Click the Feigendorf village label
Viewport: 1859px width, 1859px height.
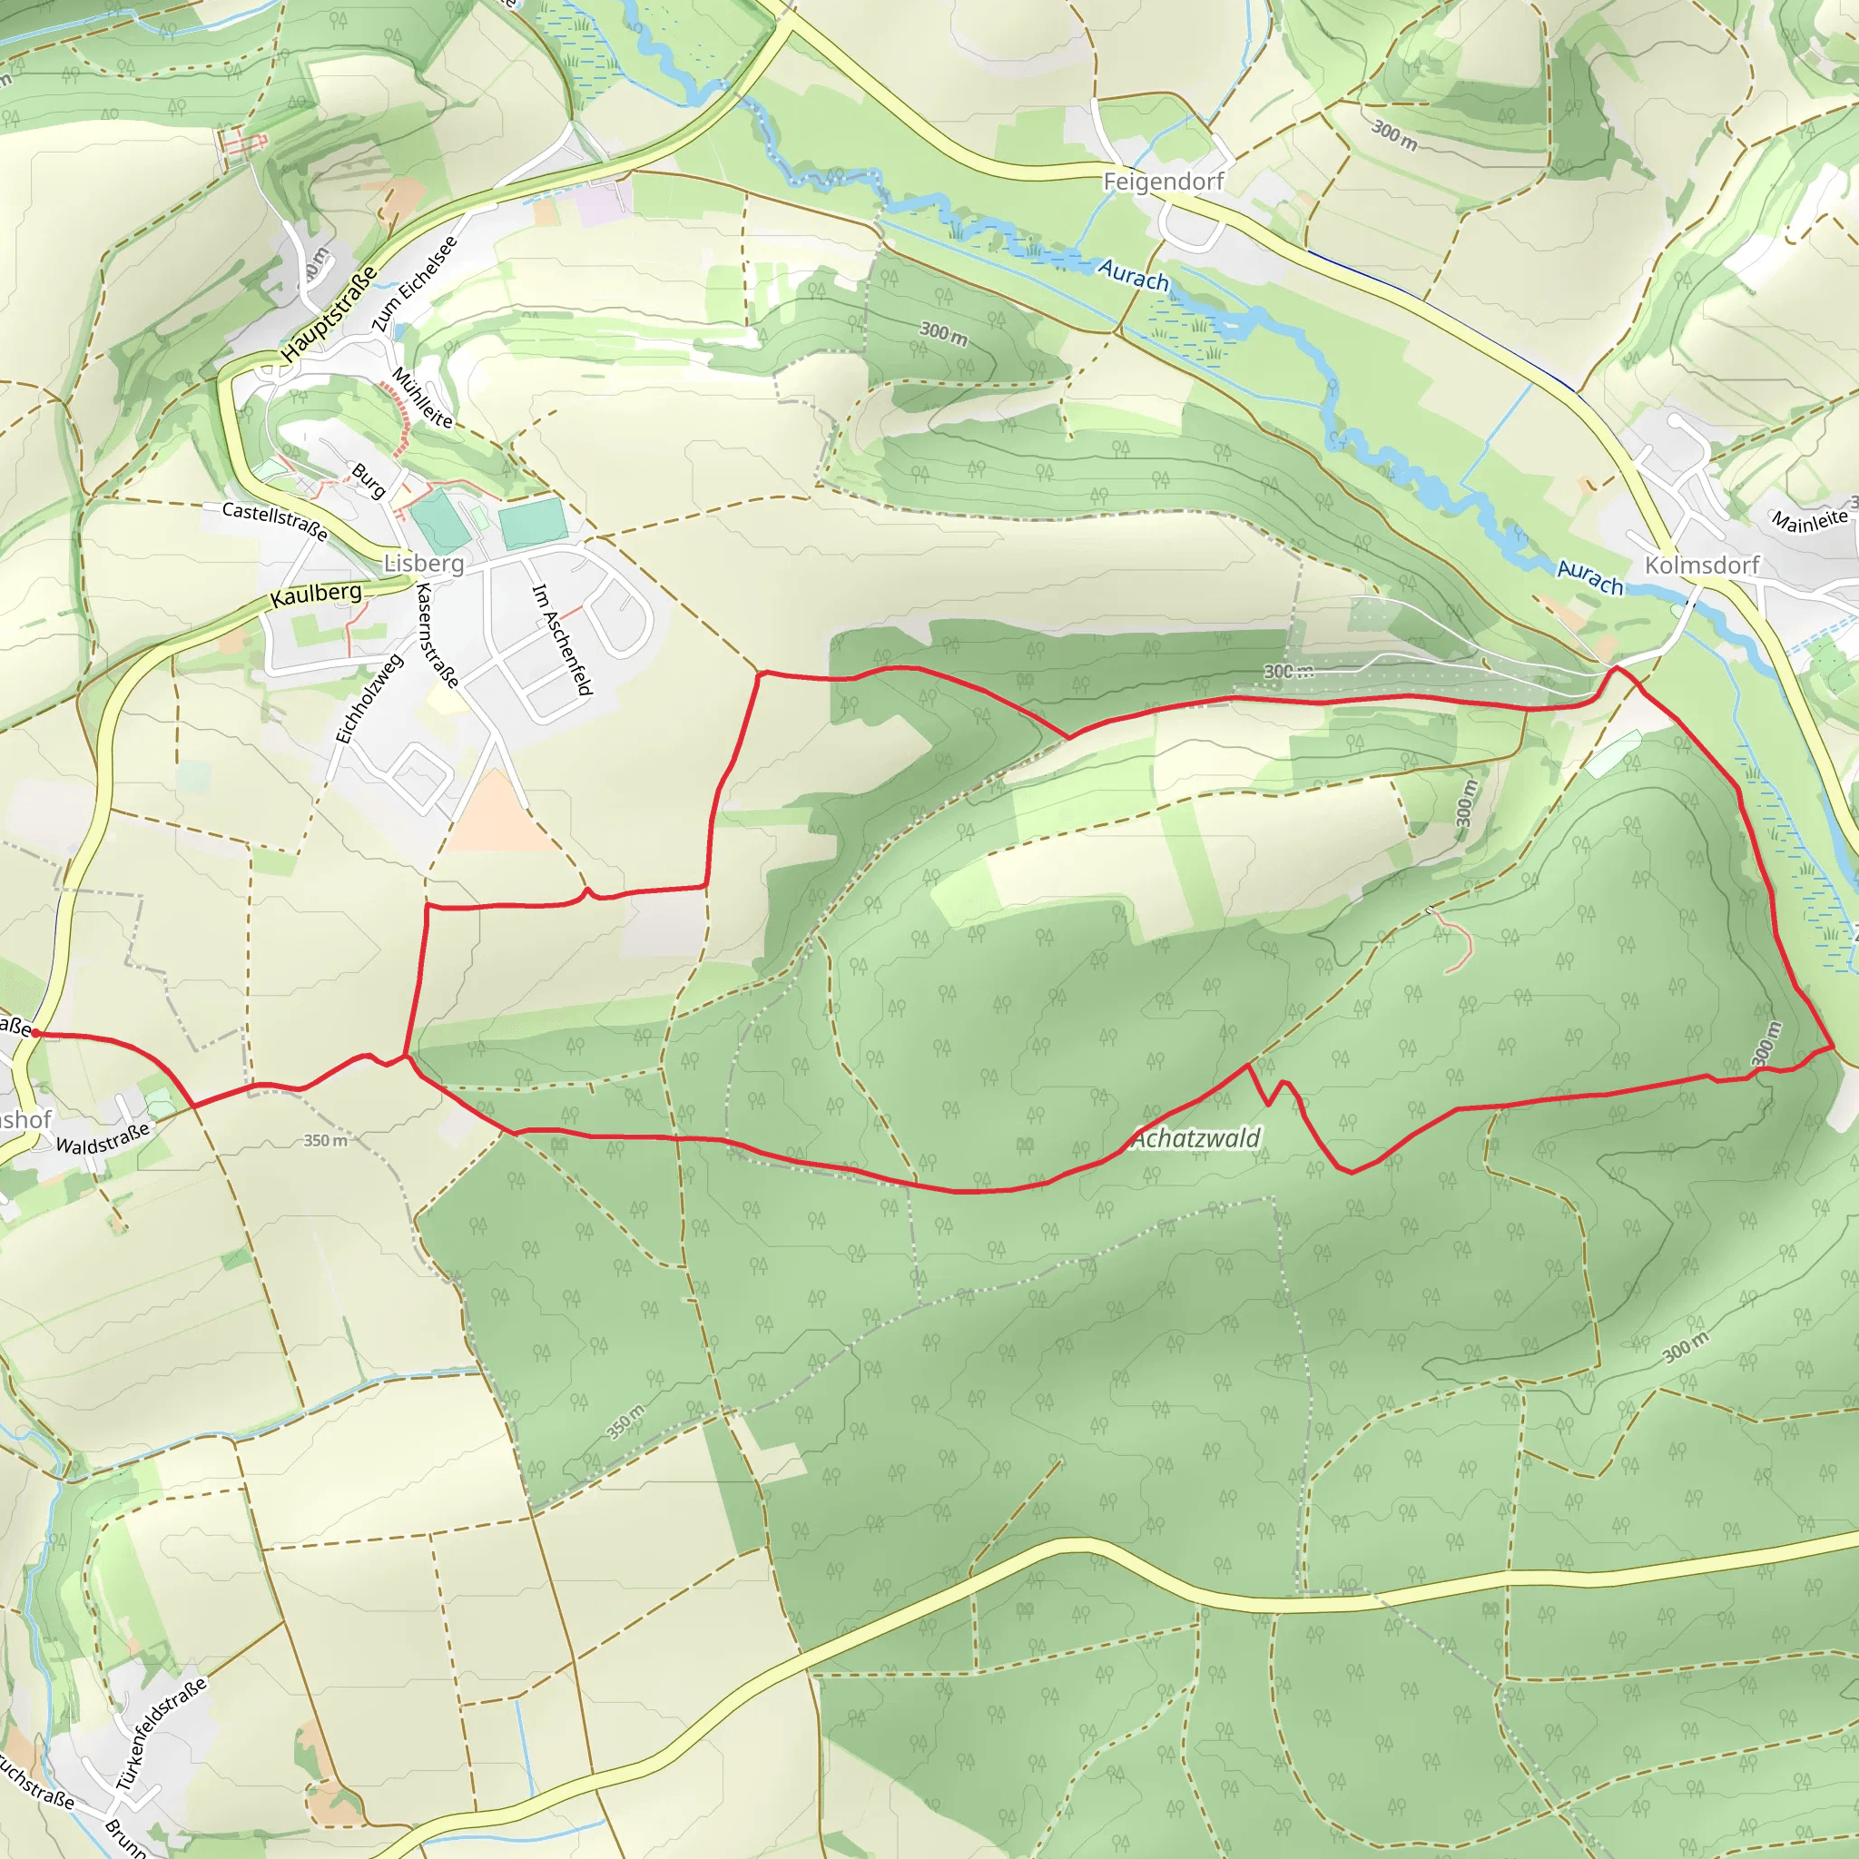click(1164, 181)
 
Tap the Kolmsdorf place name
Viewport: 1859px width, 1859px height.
click(1701, 565)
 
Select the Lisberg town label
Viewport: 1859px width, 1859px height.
click(423, 563)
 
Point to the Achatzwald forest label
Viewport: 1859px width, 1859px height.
click(1196, 1139)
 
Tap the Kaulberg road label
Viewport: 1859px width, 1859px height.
click(316, 594)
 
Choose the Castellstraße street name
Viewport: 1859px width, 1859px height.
click(274, 520)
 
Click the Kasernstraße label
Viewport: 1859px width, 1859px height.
click(437, 635)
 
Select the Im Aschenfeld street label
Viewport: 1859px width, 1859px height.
click(561, 640)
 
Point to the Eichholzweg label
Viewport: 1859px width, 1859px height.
click(369, 700)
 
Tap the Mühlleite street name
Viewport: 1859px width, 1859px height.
click(421, 398)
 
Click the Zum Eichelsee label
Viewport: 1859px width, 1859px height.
click(415, 285)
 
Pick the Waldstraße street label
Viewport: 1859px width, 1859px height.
click(103, 1138)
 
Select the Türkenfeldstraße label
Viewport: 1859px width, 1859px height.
click(162, 1734)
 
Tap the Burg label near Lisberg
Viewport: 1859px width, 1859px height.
click(368, 480)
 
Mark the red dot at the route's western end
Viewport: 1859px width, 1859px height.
click(34, 1032)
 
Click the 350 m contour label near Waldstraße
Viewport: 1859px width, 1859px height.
click(325, 1140)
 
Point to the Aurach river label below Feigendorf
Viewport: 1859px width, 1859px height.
click(1134, 275)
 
